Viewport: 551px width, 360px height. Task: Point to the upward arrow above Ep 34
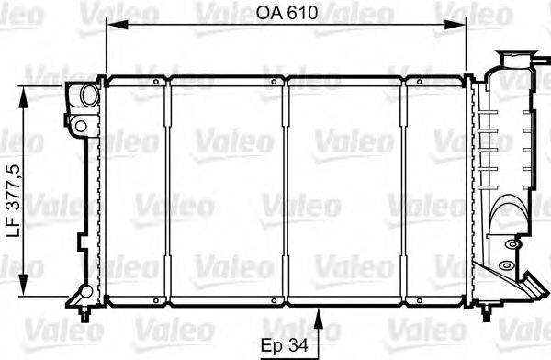(319, 321)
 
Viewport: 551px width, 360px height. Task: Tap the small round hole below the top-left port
(81, 124)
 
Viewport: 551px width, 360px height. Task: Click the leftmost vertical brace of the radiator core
(168, 194)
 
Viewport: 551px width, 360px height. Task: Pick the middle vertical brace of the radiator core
(287, 194)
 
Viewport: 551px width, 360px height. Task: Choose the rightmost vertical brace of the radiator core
(406, 194)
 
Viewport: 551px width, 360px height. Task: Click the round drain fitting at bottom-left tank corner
(84, 293)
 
